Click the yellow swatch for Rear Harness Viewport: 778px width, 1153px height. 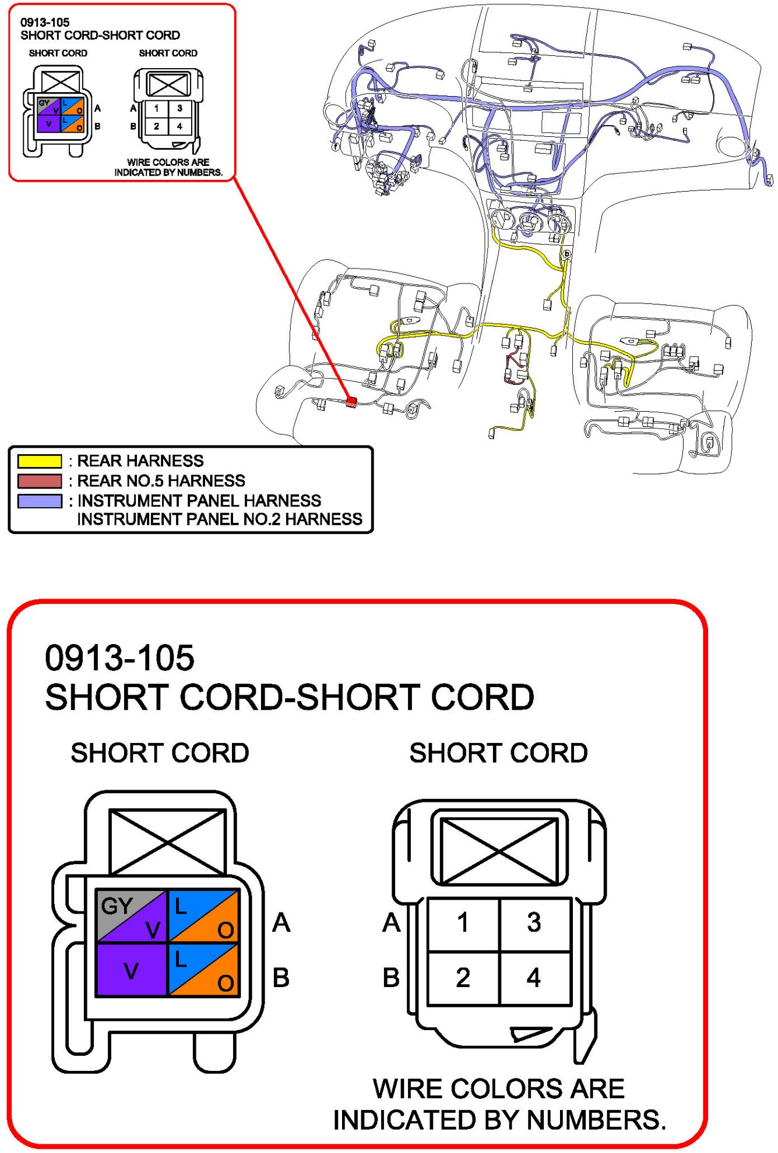pyautogui.click(x=39, y=461)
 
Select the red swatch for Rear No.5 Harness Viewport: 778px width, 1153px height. pyautogui.click(x=39, y=481)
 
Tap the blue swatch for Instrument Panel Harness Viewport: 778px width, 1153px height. pyautogui.click(x=39, y=501)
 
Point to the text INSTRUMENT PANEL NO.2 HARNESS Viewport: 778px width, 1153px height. pyautogui.click(x=219, y=519)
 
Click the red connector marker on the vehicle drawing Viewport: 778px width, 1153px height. pyautogui.click(x=351, y=401)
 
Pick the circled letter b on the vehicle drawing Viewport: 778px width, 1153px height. pyautogui.click(x=566, y=254)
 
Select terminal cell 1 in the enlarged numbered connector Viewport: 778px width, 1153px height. pyautogui.click(x=463, y=922)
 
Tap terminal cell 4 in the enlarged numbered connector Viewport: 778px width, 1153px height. pyautogui.click(x=534, y=977)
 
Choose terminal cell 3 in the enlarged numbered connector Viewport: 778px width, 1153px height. pyautogui.click(x=534, y=922)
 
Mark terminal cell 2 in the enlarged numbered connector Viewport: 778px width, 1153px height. pyautogui.click(x=463, y=977)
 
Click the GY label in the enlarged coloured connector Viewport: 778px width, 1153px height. pyautogui.click(x=117, y=906)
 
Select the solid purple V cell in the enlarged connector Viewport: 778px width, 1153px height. pyautogui.click(x=132, y=970)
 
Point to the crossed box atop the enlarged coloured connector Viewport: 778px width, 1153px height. pyautogui.click(x=167, y=842)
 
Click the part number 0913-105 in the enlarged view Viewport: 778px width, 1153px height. pyautogui.click(x=119, y=658)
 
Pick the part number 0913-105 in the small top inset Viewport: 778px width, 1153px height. pyautogui.click(x=45, y=22)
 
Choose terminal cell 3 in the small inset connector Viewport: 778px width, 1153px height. pyautogui.click(x=179, y=108)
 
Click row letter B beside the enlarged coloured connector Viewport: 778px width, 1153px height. pyautogui.click(x=281, y=977)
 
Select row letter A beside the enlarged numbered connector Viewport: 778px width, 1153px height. pyautogui.click(x=392, y=922)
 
